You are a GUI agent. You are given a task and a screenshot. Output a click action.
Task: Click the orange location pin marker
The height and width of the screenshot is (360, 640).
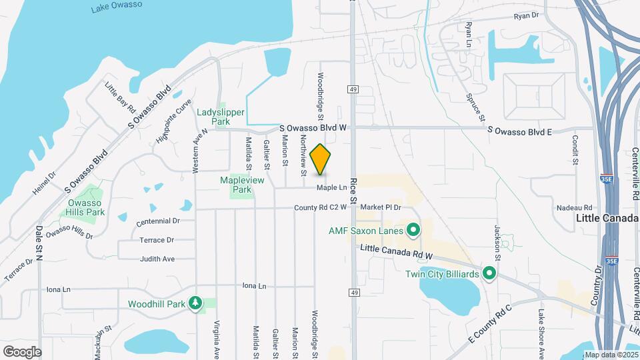pyautogui.click(x=321, y=159)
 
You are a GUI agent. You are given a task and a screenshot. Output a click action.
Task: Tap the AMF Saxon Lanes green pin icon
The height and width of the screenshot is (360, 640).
pyautogui.click(x=413, y=231)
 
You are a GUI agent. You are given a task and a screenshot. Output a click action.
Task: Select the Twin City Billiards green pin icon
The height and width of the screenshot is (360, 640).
pyautogui.click(x=490, y=273)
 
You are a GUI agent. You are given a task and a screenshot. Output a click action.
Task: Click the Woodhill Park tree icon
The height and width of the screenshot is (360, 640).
pyautogui.click(x=195, y=304)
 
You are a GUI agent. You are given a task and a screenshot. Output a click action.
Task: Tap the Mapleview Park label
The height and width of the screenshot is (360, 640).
pyautogui.click(x=243, y=185)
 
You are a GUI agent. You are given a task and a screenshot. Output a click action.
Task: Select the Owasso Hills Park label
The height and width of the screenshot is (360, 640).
pyautogui.click(x=86, y=207)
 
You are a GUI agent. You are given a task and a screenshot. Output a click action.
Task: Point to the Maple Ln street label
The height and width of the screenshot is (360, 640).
pyautogui.click(x=332, y=188)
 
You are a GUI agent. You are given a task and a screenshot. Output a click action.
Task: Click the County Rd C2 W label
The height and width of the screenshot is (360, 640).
pyautogui.click(x=321, y=208)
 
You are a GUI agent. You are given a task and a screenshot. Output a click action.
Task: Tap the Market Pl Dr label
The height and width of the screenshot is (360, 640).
pyautogui.click(x=382, y=208)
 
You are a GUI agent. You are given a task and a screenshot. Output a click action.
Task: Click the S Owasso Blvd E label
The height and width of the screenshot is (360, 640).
pyautogui.click(x=520, y=131)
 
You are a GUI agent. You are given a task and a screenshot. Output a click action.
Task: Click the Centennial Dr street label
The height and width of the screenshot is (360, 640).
pyautogui.click(x=158, y=221)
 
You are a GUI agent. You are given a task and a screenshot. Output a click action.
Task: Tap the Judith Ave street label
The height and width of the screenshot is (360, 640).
pyautogui.click(x=157, y=259)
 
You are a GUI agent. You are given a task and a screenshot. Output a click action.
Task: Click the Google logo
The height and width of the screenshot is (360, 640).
pyautogui.click(x=22, y=351)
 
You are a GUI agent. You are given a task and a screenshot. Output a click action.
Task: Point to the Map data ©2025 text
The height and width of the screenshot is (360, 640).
pyautogui.click(x=611, y=355)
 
